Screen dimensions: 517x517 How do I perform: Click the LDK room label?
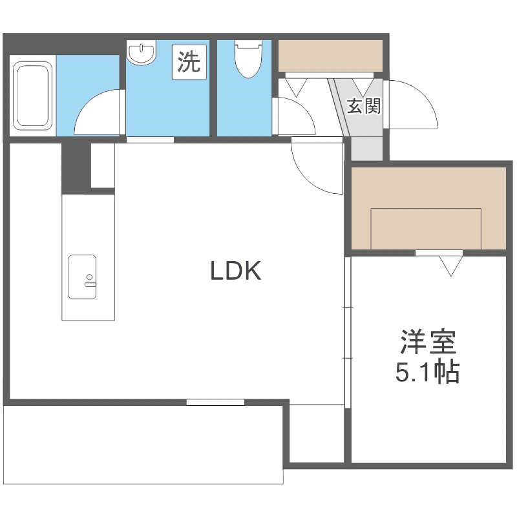point(236,271)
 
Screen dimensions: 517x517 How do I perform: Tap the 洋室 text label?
point(428,342)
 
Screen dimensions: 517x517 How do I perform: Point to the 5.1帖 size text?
point(427,372)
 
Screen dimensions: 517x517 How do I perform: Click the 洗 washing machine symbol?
point(189,62)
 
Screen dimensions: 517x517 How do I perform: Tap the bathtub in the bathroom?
point(33,95)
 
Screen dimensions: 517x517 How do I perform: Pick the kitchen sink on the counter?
point(82,277)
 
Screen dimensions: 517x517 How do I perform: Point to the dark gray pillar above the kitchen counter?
point(75,167)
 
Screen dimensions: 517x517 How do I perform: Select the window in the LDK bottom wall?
point(215,402)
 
